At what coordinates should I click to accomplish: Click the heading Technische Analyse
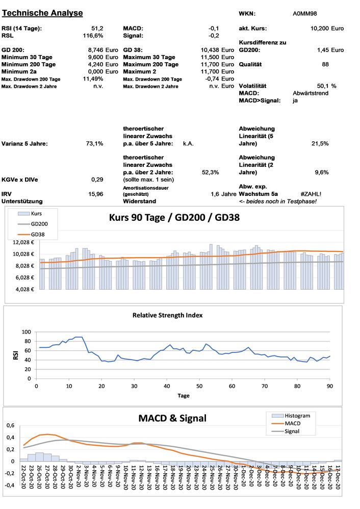point(42,13)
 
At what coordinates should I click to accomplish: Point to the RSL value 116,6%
point(93,36)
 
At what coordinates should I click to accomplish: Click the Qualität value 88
point(325,64)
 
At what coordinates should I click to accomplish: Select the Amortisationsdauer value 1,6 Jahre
point(223,194)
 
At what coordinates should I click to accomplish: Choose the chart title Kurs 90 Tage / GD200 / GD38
point(174,217)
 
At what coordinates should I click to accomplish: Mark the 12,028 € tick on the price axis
point(23,242)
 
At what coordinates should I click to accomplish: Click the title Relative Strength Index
point(168,315)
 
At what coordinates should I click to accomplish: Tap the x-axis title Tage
point(183,395)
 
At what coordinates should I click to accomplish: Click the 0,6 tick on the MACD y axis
point(10,425)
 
